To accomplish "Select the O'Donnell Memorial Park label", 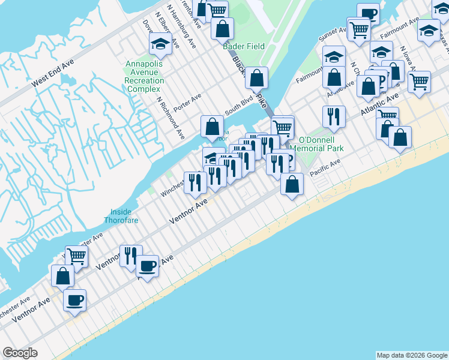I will tap(316, 143).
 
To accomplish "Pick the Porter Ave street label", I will tap(187, 102).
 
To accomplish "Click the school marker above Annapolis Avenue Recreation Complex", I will tap(160, 43).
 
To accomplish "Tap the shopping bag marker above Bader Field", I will tap(222, 28).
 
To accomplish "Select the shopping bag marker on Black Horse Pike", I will tap(256, 77).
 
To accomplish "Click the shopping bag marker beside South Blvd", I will tap(212, 127).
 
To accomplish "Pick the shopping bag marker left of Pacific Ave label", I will tap(292, 185).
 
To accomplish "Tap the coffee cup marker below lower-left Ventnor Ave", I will tap(74, 300).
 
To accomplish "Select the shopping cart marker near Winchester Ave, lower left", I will tap(76, 256).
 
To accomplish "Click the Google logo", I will tap(20, 353).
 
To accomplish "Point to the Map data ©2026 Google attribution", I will tap(412, 355).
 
